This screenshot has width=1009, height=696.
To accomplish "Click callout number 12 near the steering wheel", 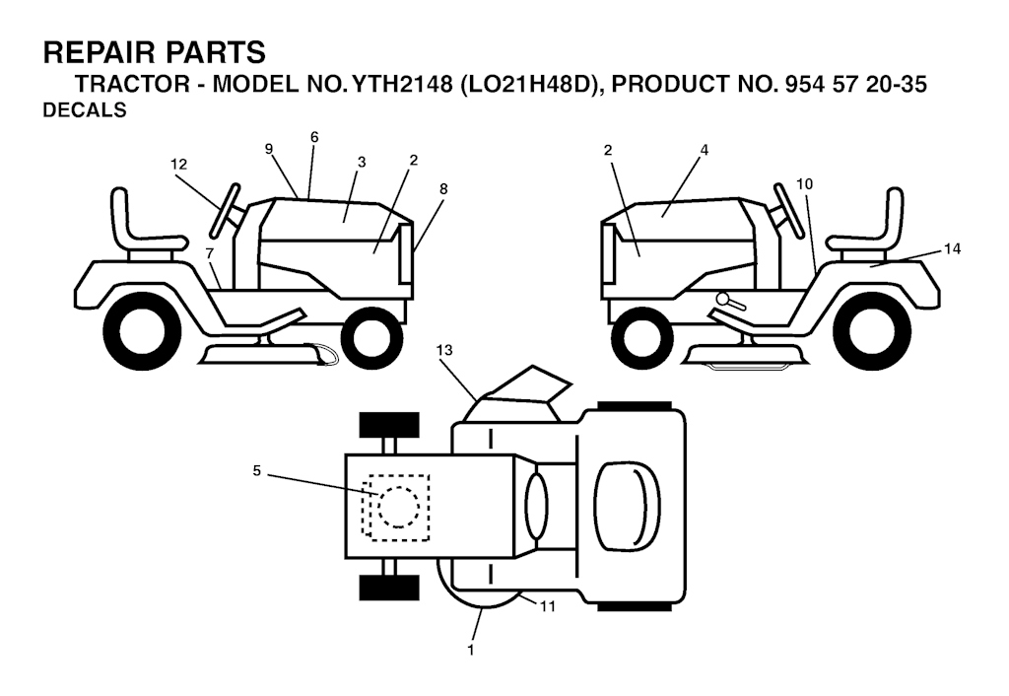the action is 179,165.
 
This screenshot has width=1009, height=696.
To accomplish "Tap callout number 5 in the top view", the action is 257,471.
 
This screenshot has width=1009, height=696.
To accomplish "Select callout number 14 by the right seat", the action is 953,248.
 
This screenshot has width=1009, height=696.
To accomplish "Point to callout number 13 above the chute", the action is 444,350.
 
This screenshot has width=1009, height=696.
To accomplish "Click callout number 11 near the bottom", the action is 548,606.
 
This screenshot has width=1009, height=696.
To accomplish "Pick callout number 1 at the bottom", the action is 471,651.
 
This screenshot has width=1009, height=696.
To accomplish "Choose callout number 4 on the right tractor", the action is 704,150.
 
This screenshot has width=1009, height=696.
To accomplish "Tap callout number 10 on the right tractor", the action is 804,184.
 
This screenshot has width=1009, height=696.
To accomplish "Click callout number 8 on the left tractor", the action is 443,189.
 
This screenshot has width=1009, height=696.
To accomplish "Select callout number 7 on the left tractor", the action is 210,254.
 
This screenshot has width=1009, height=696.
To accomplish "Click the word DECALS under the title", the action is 85,110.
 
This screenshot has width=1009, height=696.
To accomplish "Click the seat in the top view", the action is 628,506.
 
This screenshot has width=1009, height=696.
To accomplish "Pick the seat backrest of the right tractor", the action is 895,213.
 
